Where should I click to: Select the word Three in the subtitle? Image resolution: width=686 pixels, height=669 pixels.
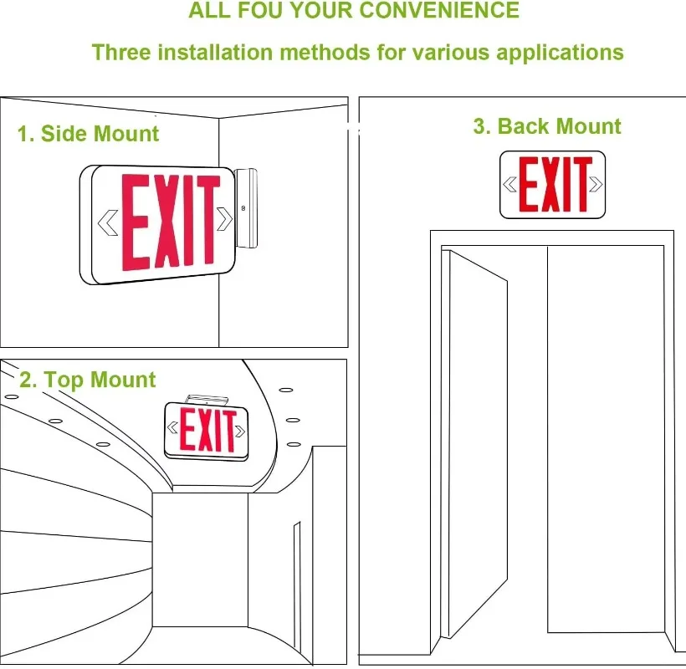121,53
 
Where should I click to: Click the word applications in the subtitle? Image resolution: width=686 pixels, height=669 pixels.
560,53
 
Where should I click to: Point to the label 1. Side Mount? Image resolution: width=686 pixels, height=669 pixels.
88,134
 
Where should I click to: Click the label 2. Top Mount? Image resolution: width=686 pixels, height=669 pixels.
87,380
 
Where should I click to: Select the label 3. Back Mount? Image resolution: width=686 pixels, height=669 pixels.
547,126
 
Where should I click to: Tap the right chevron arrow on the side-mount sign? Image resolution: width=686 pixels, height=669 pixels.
224,219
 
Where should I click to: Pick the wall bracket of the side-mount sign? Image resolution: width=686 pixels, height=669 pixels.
248,207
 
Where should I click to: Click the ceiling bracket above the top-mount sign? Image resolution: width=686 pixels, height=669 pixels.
205,399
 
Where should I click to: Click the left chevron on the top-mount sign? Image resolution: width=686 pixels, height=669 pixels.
173,428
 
